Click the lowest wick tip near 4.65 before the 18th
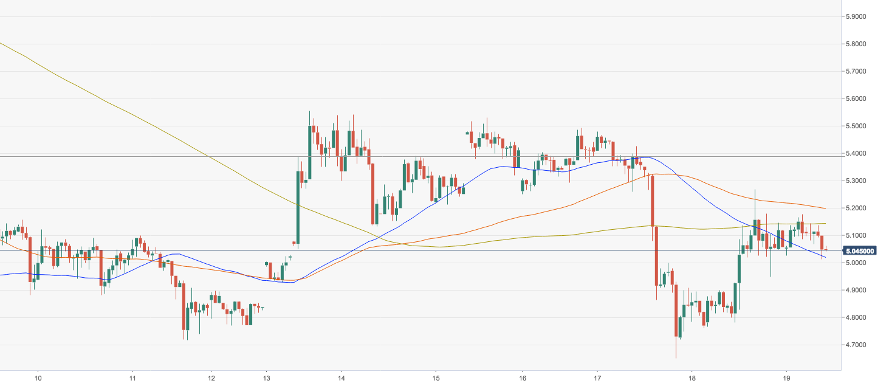point(676,358)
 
